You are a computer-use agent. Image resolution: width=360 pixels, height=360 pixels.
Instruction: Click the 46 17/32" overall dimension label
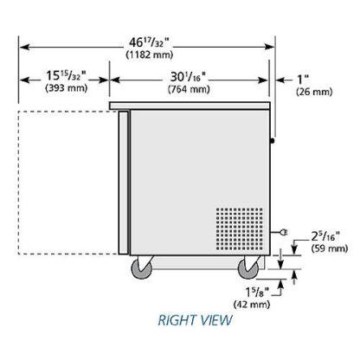[x=148, y=42]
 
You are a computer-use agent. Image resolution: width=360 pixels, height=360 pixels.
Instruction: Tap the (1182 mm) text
[x=150, y=55]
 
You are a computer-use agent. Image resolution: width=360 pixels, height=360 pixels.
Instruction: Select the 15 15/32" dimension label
[x=66, y=76]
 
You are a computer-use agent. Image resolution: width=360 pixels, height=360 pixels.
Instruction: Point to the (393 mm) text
[x=67, y=87]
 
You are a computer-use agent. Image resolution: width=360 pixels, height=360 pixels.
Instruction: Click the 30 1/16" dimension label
[x=188, y=77]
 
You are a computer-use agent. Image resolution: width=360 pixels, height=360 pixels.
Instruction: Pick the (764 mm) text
[x=189, y=89]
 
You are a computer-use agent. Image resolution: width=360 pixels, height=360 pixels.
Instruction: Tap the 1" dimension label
[x=303, y=79]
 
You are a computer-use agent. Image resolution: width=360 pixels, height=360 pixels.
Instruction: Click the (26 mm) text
[x=314, y=92]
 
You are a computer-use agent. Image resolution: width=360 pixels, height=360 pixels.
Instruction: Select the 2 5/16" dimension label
[x=325, y=236]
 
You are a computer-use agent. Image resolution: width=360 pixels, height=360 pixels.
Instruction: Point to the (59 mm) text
[x=330, y=248]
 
